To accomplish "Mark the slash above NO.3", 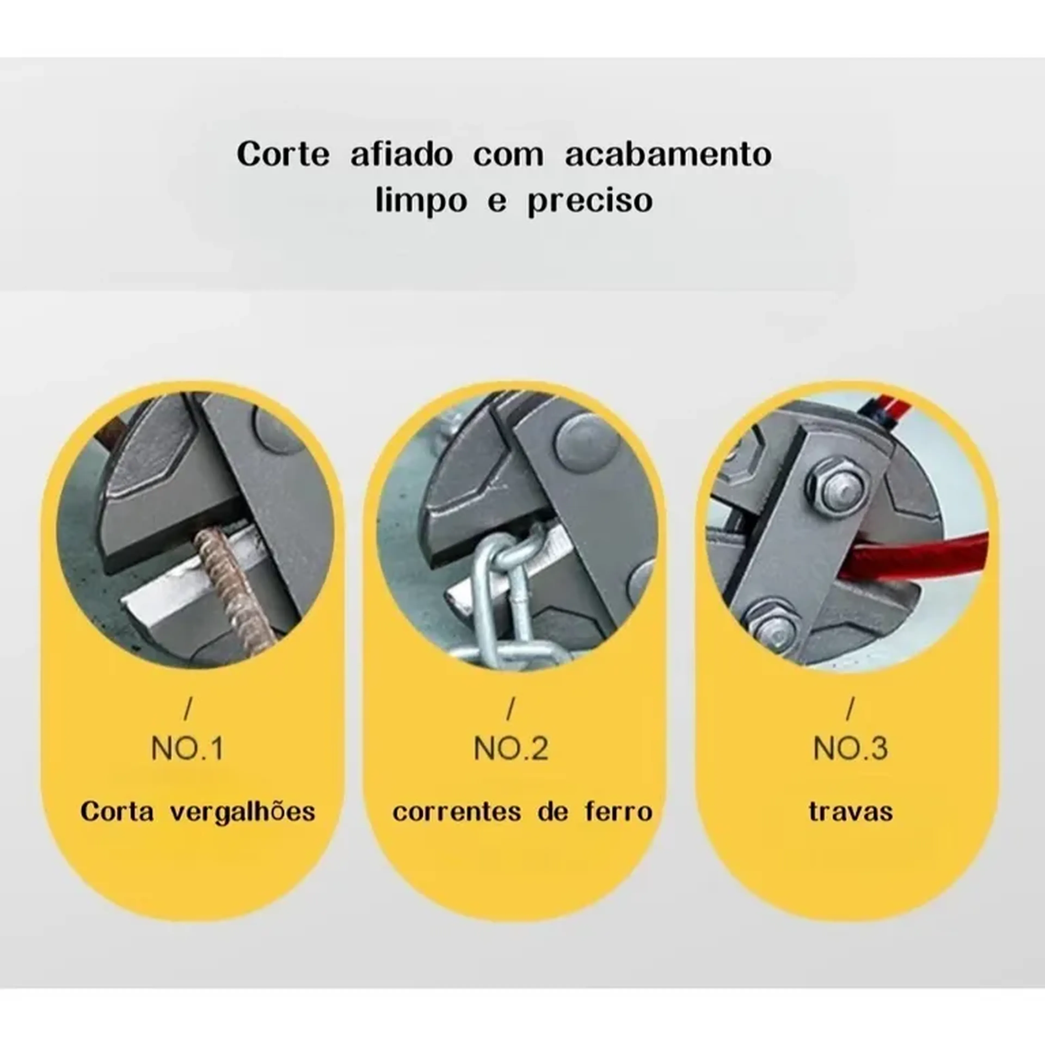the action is (850, 709).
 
